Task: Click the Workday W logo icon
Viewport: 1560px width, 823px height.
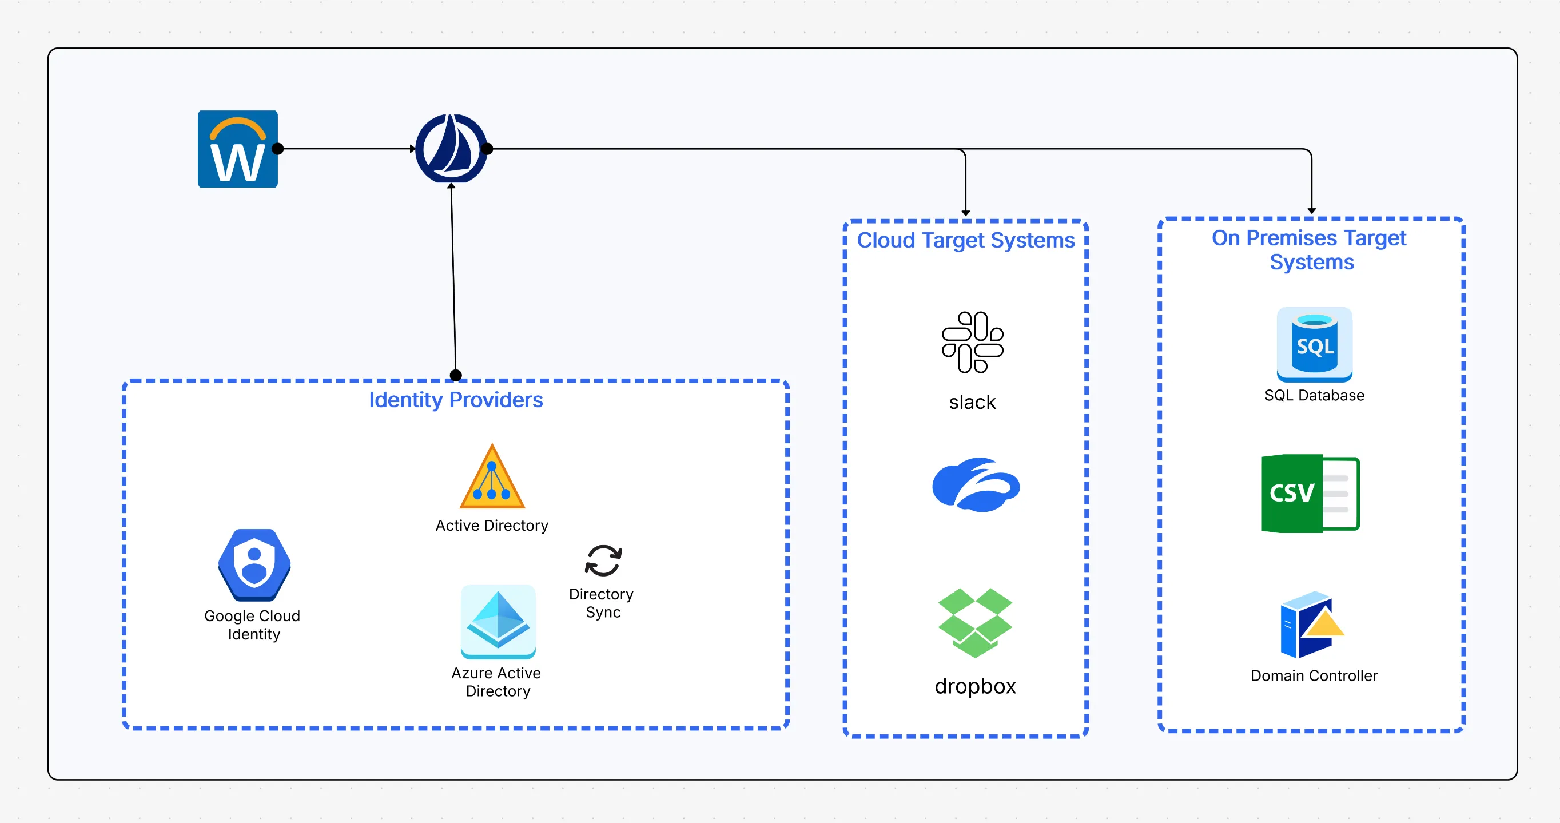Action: click(x=237, y=149)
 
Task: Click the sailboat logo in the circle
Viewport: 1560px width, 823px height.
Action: click(x=451, y=148)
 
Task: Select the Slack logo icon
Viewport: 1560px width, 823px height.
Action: click(x=972, y=342)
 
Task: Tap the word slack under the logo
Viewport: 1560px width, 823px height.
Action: click(x=972, y=402)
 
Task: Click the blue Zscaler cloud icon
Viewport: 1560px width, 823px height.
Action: click(x=976, y=484)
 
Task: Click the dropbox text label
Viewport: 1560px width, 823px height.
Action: click(x=975, y=686)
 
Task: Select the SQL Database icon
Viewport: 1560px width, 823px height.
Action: click(x=1314, y=344)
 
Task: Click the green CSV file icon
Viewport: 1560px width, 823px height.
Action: click(x=1310, y=494)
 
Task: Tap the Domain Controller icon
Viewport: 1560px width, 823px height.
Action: click(x=1311, y=625)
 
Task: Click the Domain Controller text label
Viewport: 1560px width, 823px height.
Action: click(x=1314, y=675)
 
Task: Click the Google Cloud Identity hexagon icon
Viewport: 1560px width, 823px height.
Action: click(x=254, y=564)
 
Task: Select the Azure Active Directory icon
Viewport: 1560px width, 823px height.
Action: click(x=498, y=621)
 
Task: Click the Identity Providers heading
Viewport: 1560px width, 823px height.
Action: click(x=455, y=400)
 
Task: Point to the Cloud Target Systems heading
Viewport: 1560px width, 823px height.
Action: click(x=965, y=240)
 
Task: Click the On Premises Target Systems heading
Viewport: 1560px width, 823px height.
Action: click(x=1310, y=249)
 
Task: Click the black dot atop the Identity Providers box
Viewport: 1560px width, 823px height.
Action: click(x=456, y=375)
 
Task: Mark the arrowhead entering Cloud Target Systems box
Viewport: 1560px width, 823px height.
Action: click(x=965, y=213)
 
